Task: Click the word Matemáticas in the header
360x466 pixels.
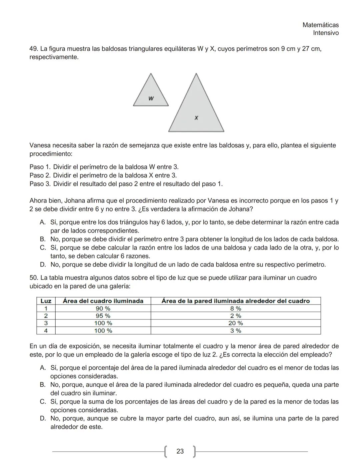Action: click(320, 25)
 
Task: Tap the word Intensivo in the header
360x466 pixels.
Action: click(326, 33)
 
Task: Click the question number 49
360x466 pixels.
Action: click(34, 49)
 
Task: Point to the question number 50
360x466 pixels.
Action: click(34, 278)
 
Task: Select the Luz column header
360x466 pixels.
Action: click(46, 301)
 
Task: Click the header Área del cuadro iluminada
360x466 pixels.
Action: click(103, 301)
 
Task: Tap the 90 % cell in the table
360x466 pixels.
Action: click(103, 309)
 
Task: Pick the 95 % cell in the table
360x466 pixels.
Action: click(103, 316)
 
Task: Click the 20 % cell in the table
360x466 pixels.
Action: click(236, 323)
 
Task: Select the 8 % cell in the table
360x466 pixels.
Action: click(236, 309)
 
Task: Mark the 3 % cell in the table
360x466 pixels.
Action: click(236, 331)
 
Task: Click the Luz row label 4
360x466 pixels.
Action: click(46, 331)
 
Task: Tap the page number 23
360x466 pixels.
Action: click(180, 451)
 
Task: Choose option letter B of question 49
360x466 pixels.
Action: click(43, 239)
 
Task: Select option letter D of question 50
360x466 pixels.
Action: click(43, 418)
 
